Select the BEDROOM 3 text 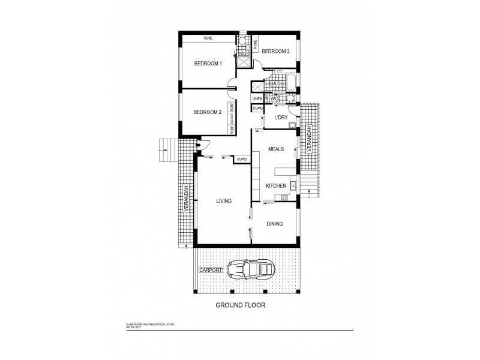[x=276, y=52]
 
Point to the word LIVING [x=224, y=201]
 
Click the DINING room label [x=274, y=224]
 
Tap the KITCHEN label [x=275, y=187]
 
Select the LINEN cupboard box [x=257, y=98]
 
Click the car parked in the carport [x=252, y=271]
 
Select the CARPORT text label [x=211, y=271]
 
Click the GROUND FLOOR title [x=240, y=305]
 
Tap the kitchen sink [x=292, y=186]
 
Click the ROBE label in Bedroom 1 [x=208, y=38]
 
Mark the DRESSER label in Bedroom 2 [x=231, y=121]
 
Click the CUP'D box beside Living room [x=242, y=159]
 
